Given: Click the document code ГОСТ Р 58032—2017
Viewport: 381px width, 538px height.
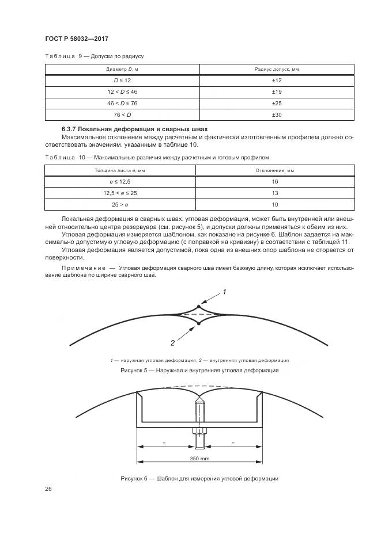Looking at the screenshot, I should (76, 39).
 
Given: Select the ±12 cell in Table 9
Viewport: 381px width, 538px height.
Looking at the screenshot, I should (276, 81).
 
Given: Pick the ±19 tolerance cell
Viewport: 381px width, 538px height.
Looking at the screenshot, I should (276, 92).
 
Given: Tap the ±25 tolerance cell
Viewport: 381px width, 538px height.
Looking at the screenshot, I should (276, 104).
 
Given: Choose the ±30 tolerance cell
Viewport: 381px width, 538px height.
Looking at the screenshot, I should (276, 115).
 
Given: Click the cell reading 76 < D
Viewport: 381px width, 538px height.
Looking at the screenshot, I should (122, 115).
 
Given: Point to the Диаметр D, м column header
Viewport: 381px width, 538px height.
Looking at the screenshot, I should (122, 69).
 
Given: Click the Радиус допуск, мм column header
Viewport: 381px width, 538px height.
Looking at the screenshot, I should (276, 69).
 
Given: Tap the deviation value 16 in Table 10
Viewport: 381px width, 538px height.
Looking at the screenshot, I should (275, 182).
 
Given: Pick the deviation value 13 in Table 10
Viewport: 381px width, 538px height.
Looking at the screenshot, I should (275, 193).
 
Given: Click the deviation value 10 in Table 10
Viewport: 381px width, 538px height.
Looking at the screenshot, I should (275, 205).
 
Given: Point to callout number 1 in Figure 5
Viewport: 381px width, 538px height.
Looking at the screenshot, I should (224, 292).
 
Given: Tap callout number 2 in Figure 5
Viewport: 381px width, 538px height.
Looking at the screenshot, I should (172, 343).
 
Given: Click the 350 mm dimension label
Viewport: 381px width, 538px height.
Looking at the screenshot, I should (199, 459).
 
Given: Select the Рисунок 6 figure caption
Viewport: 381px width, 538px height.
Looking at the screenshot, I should (199, 478).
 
